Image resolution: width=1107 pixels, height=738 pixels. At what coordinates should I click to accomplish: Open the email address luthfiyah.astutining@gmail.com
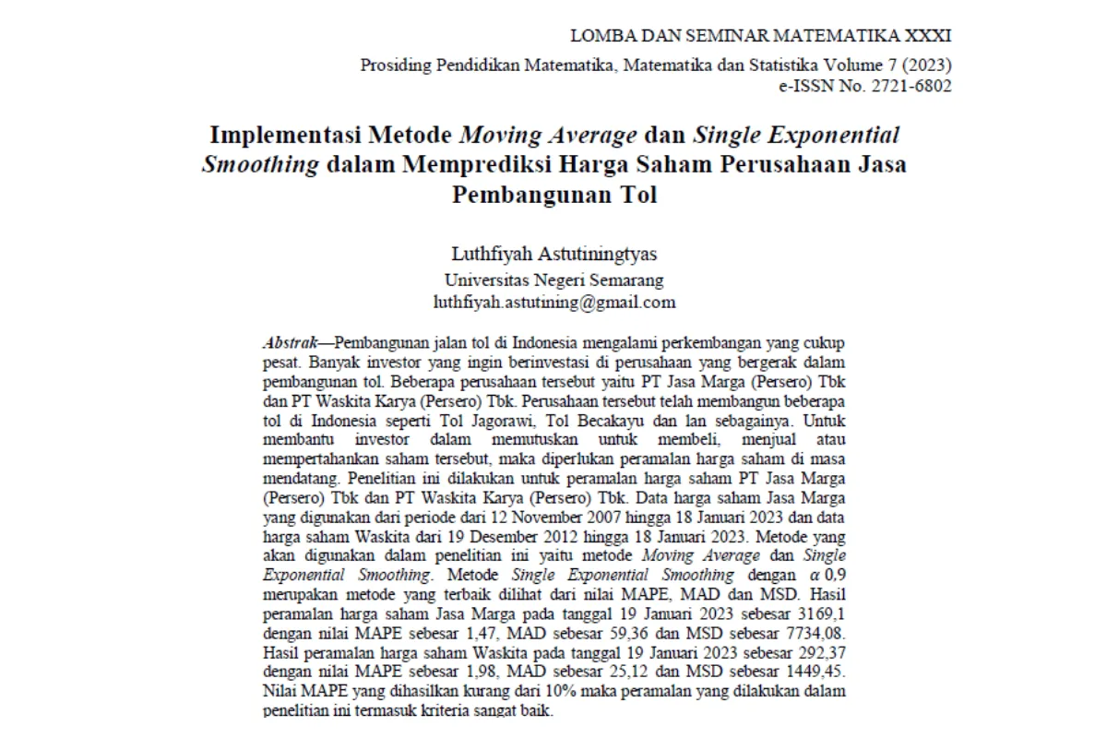click(x=554, y=302)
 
